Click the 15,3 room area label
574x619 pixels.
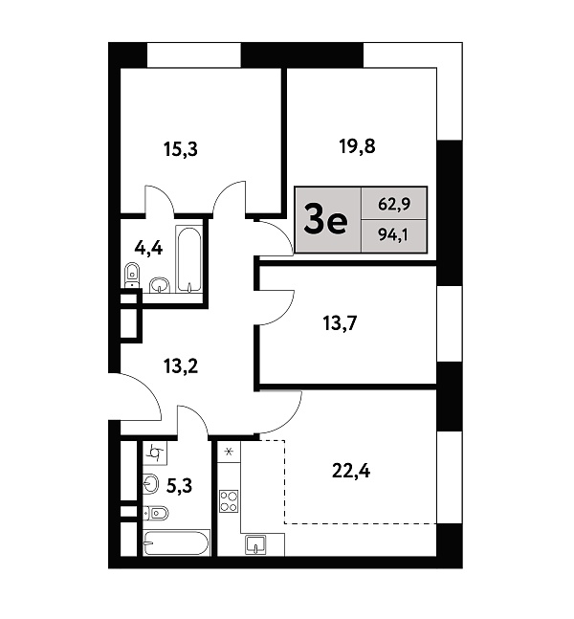point(181,149)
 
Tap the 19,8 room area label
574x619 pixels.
point(357,146)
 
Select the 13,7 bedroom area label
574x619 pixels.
point(340,323)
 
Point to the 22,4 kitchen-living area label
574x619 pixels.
point(351,471)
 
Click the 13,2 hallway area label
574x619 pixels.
point(181,366)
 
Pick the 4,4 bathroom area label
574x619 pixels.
point(148,249)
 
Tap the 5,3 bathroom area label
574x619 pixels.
point(179,486)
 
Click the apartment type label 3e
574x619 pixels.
point(325,221)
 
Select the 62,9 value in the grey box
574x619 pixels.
point(394,204)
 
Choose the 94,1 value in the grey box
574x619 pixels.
point(393,235)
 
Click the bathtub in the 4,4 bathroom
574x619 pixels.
point(188,259)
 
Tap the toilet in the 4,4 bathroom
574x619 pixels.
point(132,275)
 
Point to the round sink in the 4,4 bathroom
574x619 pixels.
point(159,285)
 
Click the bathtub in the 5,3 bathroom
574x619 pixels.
point(176,543)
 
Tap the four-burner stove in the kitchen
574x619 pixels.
point(229,501)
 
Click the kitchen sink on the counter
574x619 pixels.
point(255,544)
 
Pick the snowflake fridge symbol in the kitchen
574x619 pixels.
point(229,452)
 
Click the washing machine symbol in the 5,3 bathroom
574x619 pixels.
point(155,453)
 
